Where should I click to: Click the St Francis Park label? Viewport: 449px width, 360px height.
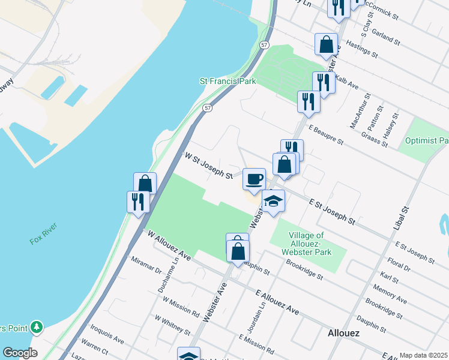tap(228, 80)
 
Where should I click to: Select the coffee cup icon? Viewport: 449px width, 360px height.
tap(254, 178)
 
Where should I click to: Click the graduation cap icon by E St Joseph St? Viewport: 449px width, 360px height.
tap(273, 200)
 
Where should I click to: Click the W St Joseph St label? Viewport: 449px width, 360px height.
tap(208, 166)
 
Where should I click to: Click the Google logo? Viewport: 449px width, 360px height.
tap(20, 353)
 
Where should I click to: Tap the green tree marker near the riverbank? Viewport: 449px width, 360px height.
tap(37, 327)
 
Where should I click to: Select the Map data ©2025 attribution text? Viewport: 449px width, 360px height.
tap(423, 355)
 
